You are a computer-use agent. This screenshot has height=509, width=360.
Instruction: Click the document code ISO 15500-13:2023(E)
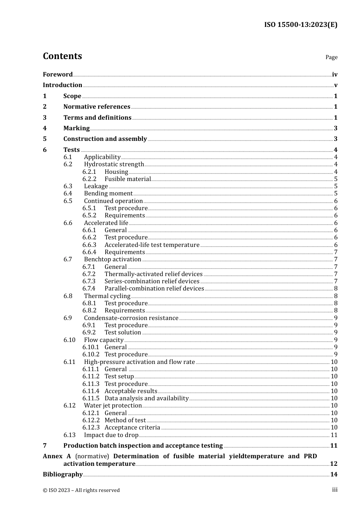[x=301, y=25]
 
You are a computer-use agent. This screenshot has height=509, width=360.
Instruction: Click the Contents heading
[x=62, y=56]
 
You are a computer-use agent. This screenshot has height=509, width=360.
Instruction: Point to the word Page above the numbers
[x=331, y=57]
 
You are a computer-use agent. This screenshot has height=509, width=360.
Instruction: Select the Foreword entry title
[x=58, y=75]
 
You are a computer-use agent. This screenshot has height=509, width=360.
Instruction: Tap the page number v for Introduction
[x=335, y=85]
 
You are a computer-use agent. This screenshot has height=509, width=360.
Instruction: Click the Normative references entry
[x=97, y=107]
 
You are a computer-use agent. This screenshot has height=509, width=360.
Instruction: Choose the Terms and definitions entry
[x=97, y=118]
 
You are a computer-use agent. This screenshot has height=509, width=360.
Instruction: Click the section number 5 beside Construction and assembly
[x=45, y=139]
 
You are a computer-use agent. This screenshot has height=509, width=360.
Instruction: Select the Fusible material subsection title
[x=128, y=179]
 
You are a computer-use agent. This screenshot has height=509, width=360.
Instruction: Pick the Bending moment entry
[x=108, y=194]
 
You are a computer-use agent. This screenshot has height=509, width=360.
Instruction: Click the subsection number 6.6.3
[x=89, y=245]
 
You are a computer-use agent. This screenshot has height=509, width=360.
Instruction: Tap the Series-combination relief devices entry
[x=152, y=281]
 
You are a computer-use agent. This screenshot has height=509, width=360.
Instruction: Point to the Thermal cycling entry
[x=107, y=296]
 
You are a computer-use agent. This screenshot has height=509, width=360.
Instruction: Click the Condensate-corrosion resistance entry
[x=131, y=318]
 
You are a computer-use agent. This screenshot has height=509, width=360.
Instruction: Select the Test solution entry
[x=123, y=333]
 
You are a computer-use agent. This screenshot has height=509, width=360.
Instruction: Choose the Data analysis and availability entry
[x=147, y=398]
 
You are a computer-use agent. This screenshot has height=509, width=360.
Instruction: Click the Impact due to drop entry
[x=111, y=435]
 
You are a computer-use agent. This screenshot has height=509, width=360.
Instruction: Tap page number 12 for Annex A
[x=333, y=464]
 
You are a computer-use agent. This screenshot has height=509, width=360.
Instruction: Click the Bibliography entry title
[x=63, y=475]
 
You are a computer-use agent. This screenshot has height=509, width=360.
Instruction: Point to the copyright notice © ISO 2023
[x=81, y=490]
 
